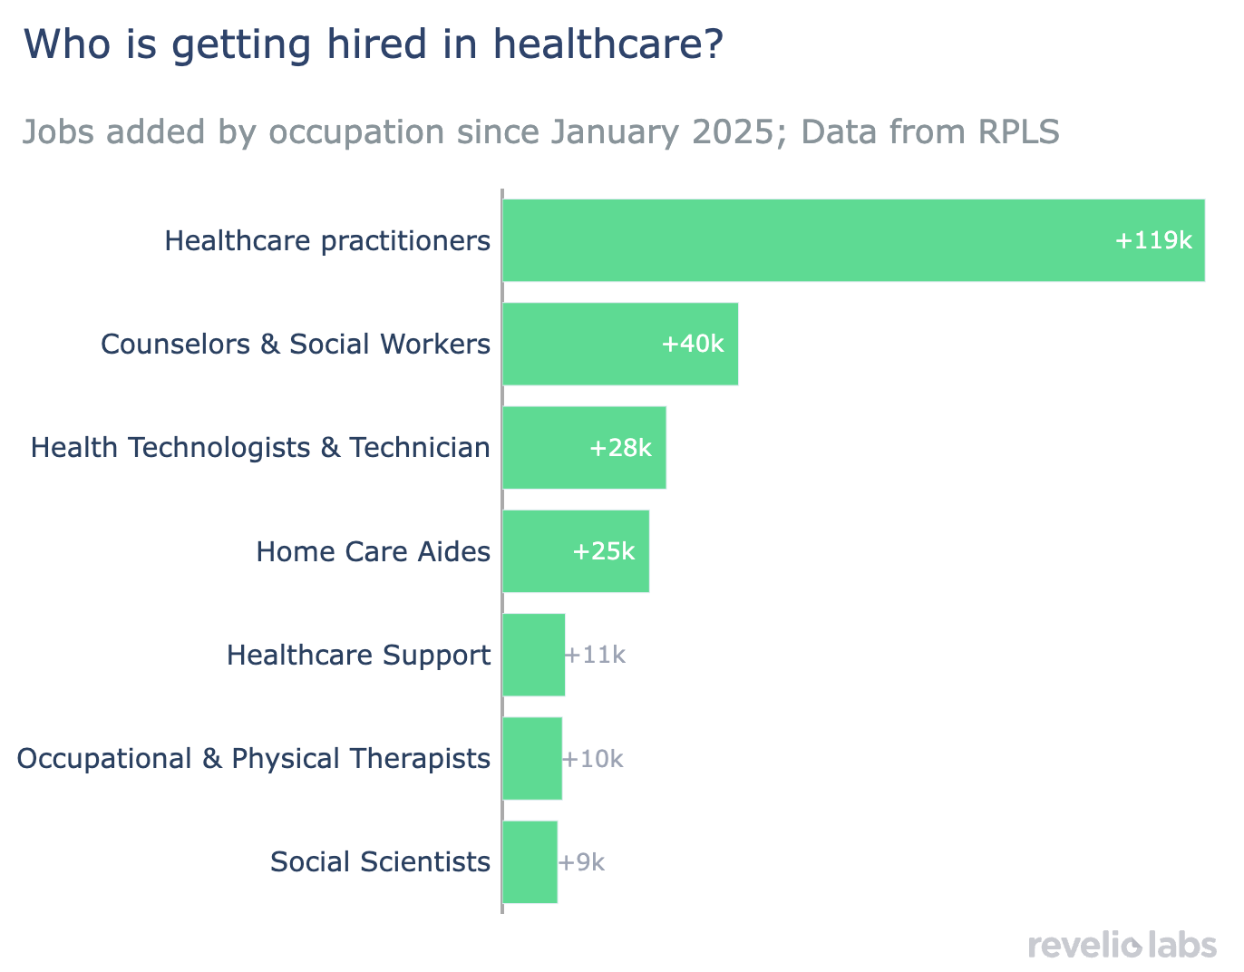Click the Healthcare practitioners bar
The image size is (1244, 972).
click(x=853, y=240)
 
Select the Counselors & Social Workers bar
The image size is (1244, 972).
click(x=620, y=344)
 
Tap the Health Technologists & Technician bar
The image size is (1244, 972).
click(x=585, y=448)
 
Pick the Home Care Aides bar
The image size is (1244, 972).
click(x=576, y=551)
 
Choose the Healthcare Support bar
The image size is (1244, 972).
click(x=534, y=655)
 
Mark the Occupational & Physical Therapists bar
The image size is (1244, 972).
click(x=532, y=759)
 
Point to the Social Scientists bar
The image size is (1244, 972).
click(x=530, y=862)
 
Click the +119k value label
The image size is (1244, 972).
click(x=1153, y=240)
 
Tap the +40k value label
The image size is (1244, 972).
click(x=693, y=344)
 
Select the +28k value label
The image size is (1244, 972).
click(x=620, y=448)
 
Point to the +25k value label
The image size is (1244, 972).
click(x=604, y=551)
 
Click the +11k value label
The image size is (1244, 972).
click(x=595, y=655)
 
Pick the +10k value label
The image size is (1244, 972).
click(x=592, y=759)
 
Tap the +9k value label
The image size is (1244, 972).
click(x=581, y=862)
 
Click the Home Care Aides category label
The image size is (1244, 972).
click(x=374, y=552)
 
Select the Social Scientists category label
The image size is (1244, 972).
click(x=380, y=862)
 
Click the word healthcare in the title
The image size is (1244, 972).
click(x=608, y=44)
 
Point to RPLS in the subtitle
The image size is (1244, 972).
click(x=1019, y=131)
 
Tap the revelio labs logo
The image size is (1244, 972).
click(x=1123, y=945)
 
